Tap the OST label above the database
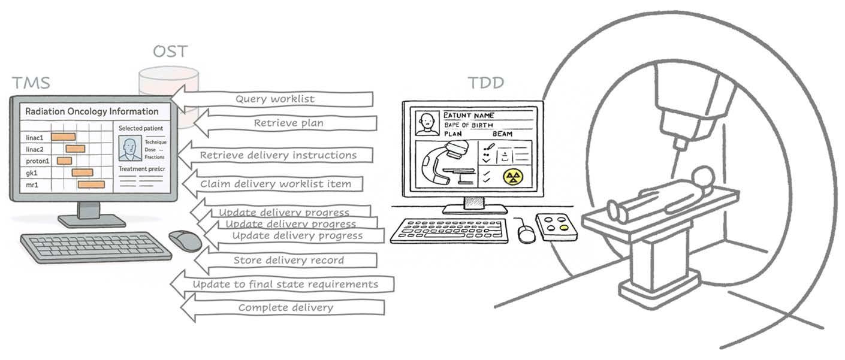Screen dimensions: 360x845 point(170,52)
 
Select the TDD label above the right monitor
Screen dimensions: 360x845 point(485,83)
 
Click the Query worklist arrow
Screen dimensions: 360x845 point(274,99)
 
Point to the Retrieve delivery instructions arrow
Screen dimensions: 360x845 point(277,155)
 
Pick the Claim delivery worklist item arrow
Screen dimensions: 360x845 point(274,184)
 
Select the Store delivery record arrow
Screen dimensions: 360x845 point(288,261)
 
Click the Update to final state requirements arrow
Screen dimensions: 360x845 point(284,284)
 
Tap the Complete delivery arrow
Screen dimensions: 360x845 point(285,308)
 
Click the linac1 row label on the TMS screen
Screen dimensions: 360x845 point(35,138)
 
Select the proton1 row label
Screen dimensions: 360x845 point(37,161)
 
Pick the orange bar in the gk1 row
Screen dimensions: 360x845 point(82,173)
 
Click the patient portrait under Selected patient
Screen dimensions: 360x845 point(129,148)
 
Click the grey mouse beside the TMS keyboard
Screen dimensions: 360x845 point(185,240)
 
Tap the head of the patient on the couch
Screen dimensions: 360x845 point(702,177)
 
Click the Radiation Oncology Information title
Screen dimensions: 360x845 point(92,111)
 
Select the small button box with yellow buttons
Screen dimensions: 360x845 point(556,227)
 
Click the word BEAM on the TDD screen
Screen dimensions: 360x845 point(502,134)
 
